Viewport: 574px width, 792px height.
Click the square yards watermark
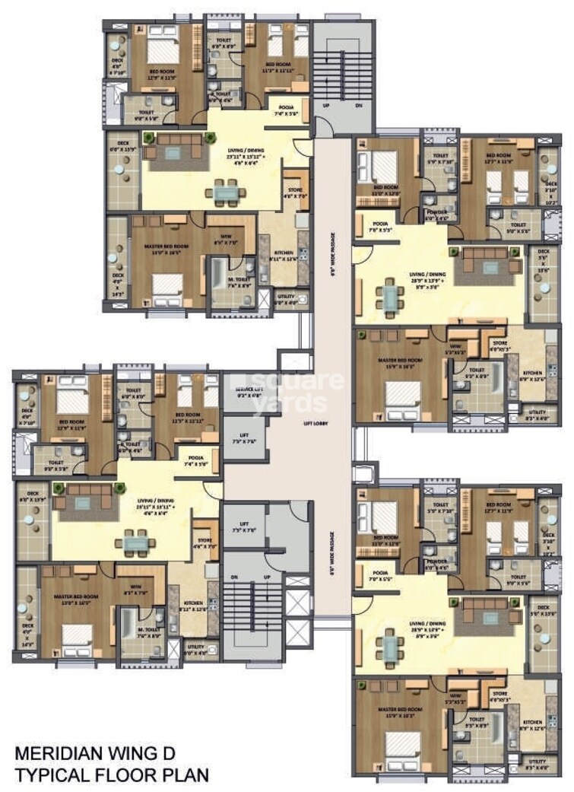302,392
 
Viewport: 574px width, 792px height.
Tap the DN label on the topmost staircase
359,107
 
